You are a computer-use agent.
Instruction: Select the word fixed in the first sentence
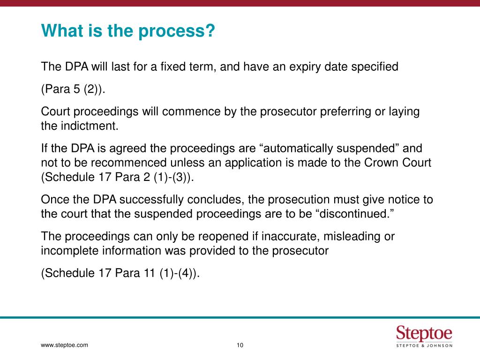(x=172, y=67)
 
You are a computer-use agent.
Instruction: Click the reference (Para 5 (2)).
(x=74, y=90)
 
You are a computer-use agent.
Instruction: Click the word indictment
(x=90, y=126)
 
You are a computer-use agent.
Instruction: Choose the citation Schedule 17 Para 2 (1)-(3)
(x=118, y=177)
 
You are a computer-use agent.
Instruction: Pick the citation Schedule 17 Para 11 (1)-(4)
(x=120, y=273)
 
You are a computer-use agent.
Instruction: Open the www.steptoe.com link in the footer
(x=65, y=345)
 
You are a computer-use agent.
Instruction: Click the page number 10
(x=240, y=346)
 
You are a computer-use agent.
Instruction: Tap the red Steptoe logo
(x=424, y=334)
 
